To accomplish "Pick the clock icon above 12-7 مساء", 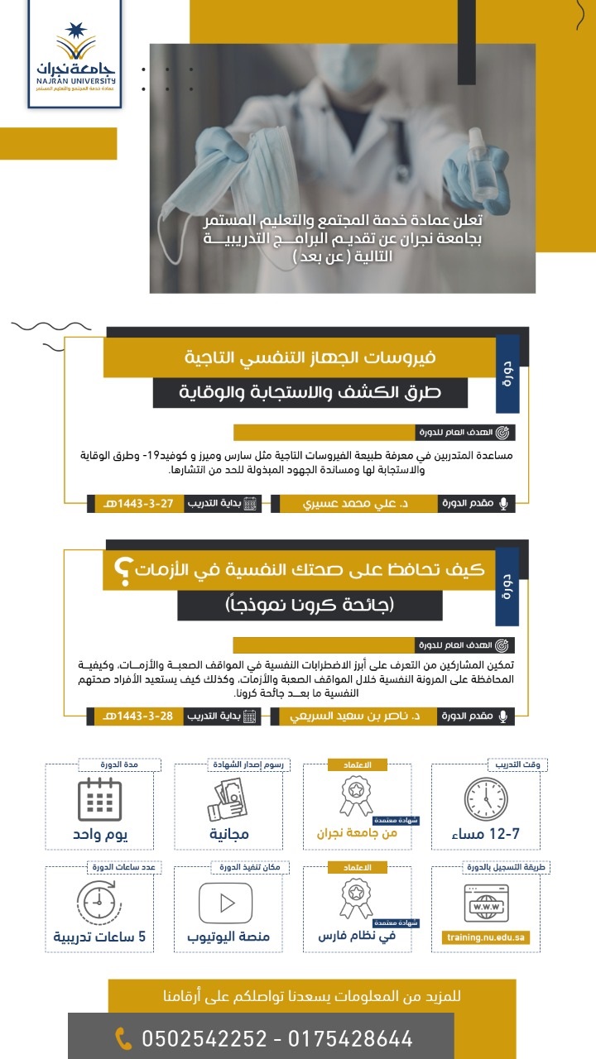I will point(485,798).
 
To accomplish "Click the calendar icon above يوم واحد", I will point(99,799).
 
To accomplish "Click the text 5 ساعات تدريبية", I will point(99,937).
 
